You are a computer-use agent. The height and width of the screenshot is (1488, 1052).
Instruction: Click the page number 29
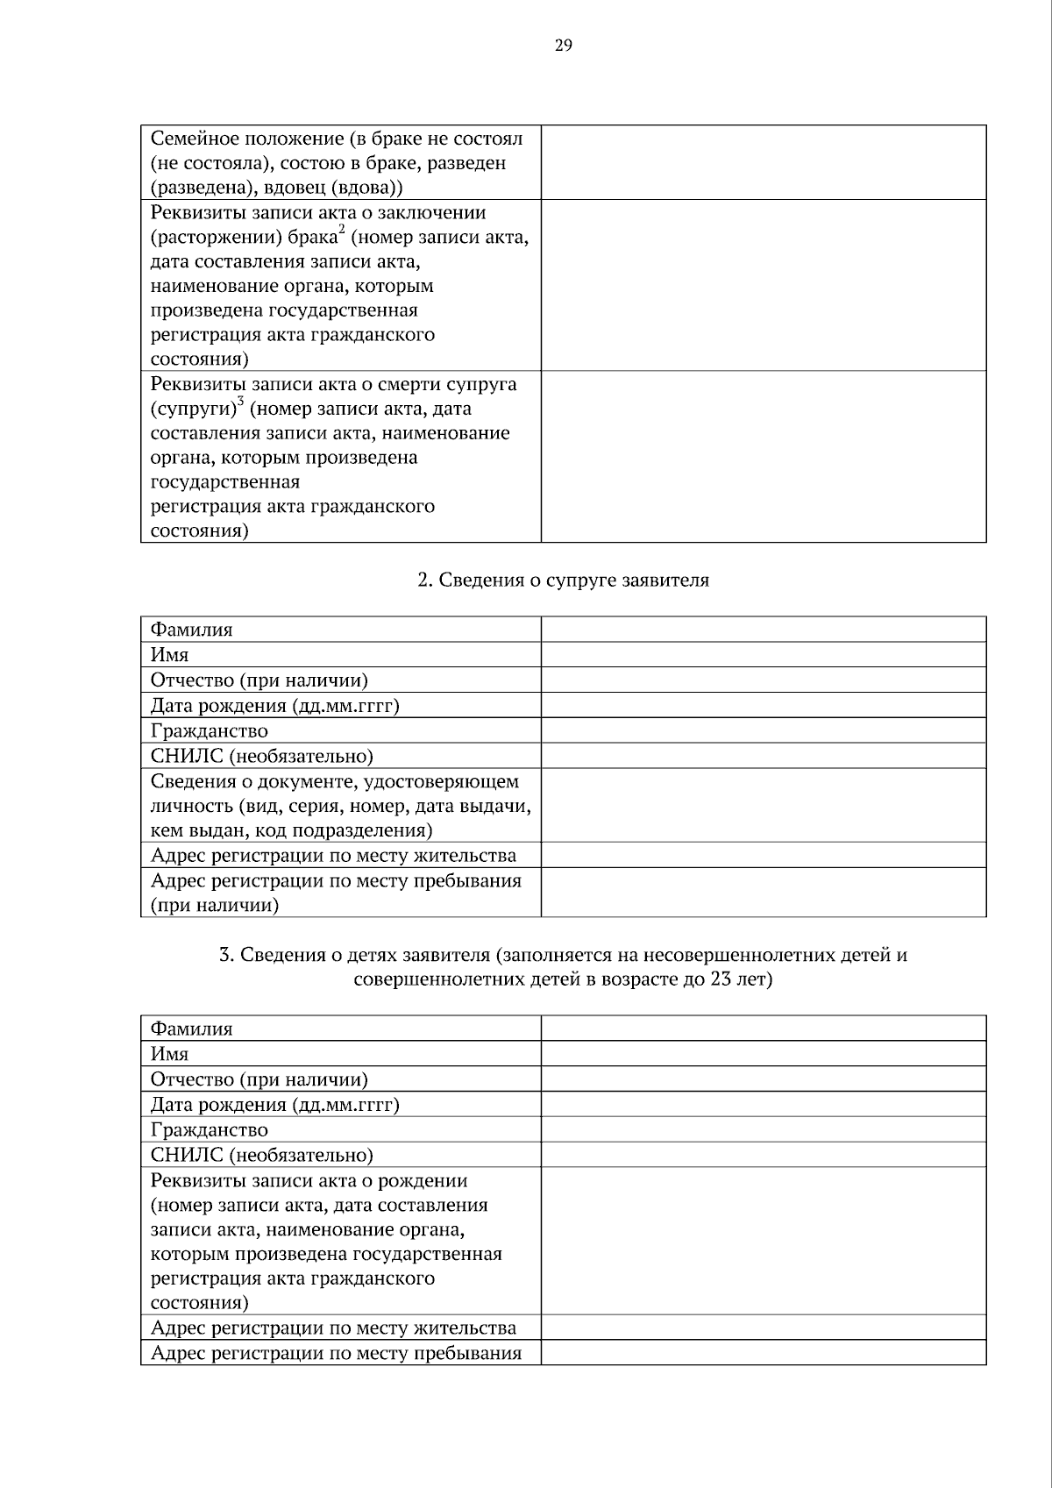pos(563,46)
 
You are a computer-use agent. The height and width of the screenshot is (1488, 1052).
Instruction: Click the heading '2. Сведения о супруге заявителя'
pos(563,580)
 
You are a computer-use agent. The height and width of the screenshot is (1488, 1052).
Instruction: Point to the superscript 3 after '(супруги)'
pos(240,402)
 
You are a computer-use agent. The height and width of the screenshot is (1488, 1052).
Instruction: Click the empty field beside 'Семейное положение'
pos(763,162)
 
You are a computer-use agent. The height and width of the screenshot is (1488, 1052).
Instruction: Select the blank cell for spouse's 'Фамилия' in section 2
pos(763,630)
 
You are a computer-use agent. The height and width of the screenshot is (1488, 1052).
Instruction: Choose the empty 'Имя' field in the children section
pos(763,1054)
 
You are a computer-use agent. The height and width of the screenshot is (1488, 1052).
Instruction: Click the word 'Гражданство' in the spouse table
pos(210,731)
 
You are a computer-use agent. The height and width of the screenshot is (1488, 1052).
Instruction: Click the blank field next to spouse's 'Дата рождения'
pos(763,706)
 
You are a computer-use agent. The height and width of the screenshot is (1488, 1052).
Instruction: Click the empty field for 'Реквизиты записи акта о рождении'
pos(763,1241)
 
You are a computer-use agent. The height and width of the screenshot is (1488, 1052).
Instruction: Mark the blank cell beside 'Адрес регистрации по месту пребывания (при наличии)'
pos(763,893)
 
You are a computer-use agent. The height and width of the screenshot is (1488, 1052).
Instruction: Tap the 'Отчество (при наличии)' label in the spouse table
pos(259,680)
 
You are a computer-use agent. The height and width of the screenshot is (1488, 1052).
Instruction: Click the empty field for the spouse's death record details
pos(763,456)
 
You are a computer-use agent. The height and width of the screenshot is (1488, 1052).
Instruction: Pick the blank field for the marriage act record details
pos(763,285)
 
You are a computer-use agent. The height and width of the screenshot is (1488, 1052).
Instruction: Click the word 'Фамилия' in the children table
pos(191,1029)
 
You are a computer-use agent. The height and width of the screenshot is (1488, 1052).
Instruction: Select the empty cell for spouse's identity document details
pos(763,806)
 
